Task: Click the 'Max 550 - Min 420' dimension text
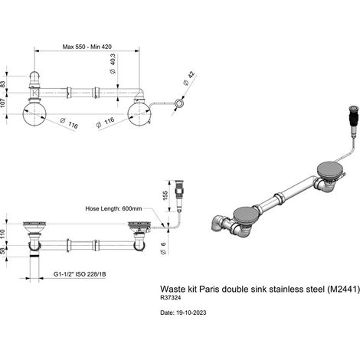pyautogui.click(x=87, y=47)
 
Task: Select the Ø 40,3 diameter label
pyautogui.click(x=113, y=64)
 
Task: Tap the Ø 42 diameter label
pyautogui.click(x=189, y=78)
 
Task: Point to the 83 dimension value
pyautogui.click(x=3, y=84)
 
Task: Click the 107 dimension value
pyautogui.click(x=3, y=103)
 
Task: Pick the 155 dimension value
pyautogui.click(x=165, y=196)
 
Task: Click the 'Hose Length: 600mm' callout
pyautogui.click(x=113, y=208)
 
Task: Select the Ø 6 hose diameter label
pyautogui.click(x=163, y=248)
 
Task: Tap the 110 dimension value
pyautogui.click(x=3, y=234)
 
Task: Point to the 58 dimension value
pyautogui.click(x=3, y=251)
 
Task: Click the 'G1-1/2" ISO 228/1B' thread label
pyautogui.click(x=80, y=274)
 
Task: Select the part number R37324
pyautogui.click(x=171, y=298)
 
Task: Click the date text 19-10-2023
pyautogui.click(x=191, y=313)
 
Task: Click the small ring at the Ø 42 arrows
pyautogui.click(x=178, y=103)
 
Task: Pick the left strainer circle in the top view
pyautogui.click(x=34, y=114)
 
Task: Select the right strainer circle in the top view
pyautogui.click(x=139, y=114)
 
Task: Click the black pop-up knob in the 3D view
pyautogui.click(x=353, y=120)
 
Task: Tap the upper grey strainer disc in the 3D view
pyautogui.click(x=329, y=169)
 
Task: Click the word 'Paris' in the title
pyautogui.click(x=209, y=289)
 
